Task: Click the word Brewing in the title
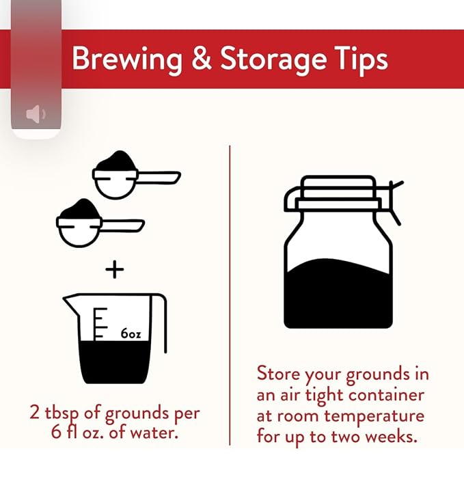(127, 59)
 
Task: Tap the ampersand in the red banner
(202, 57)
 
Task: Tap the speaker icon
(36, 114)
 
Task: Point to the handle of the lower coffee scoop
(122, 225)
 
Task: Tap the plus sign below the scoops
(115, 269)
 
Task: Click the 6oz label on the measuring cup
(131, 333)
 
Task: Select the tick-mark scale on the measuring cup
(100, 324)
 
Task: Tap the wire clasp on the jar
(395, 202)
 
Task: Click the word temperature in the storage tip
(374, 417)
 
